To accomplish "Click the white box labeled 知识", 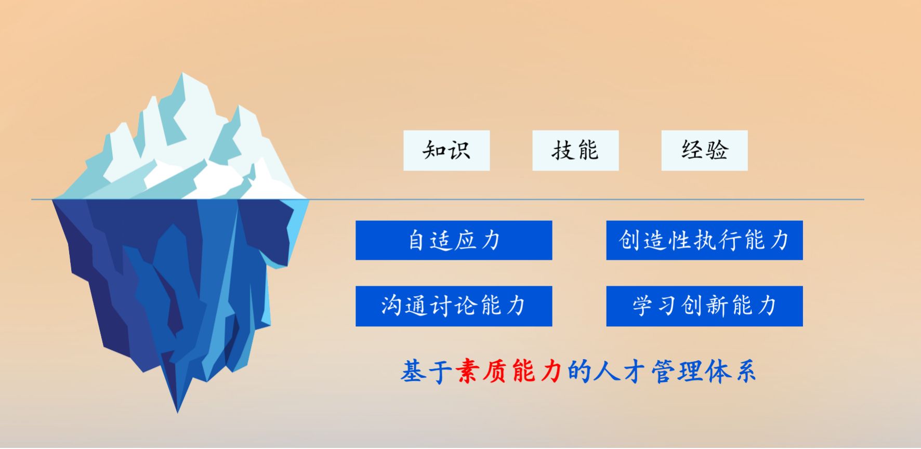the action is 446,150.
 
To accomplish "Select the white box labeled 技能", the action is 575,150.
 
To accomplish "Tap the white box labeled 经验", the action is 704,150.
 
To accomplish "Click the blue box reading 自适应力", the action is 454,240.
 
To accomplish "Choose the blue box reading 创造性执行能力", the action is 704,240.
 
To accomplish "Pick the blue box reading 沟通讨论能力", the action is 454,306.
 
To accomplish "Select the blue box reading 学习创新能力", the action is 704,306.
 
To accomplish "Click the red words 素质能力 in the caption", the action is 509,371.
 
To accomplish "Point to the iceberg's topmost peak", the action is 183,73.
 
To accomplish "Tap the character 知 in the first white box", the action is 435,150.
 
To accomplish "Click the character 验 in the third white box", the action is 717,150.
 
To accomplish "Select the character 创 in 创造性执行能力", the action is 630,240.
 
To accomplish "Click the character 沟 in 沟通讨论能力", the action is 392,306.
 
